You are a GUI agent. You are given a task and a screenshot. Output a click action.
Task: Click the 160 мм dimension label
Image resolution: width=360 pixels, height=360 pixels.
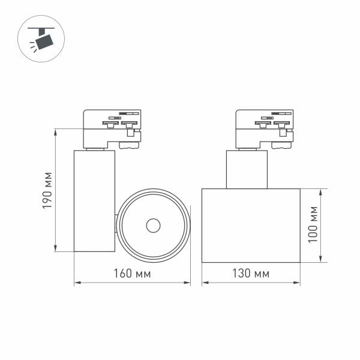coord(131,274)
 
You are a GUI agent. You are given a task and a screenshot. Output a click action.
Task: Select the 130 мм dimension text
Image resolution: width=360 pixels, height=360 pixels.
coord(251,274)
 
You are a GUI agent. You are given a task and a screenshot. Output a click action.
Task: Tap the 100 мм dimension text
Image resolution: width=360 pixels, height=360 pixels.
coord(311,225)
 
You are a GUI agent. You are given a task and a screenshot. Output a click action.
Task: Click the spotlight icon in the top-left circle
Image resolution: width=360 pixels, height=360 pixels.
coord(43,38)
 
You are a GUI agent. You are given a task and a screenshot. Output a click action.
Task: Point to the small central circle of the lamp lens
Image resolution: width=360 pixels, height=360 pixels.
coord(153,226)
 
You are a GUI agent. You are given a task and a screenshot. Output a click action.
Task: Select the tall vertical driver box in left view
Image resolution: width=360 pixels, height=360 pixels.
coord(94,201)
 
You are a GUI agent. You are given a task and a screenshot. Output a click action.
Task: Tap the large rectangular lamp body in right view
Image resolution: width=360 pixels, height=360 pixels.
coord(251,225)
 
